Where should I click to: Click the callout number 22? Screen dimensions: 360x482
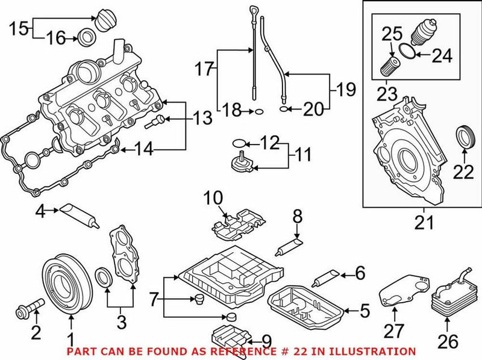pyautogui.click(x=464, y=172)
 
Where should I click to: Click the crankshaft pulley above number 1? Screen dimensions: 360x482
pyautogui.click(x=67, y=280)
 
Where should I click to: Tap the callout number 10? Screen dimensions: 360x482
pyautogui.click(x=213, y=197)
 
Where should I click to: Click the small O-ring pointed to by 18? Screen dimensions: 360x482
pyautogui.click(x=258, y=111)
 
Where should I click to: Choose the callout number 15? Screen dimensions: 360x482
pyautogui.click(x=17, y=28)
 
